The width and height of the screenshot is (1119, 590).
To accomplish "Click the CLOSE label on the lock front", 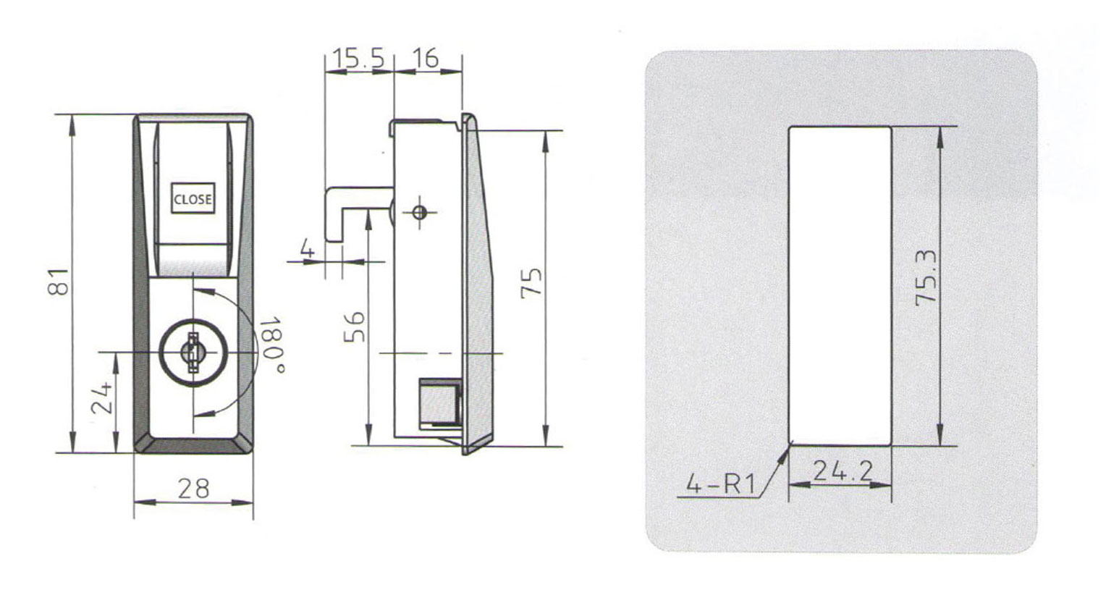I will point(193,199).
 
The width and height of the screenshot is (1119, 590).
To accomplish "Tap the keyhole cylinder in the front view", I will point(193,353).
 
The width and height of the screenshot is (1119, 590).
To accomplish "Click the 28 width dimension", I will point(193,489).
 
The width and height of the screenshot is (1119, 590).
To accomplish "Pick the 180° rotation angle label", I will point(271,345).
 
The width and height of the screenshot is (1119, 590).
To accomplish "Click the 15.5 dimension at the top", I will point(358,58).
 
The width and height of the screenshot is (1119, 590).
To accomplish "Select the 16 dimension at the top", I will point(427,58).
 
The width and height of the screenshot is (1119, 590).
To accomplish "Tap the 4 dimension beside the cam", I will point(308,250).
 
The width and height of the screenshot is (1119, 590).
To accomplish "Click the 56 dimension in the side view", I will point(355,328).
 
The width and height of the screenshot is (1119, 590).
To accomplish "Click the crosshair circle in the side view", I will point(420,213).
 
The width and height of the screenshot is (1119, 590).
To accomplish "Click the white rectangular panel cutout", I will point(840,286).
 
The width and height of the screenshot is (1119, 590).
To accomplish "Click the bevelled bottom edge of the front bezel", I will point(193,444).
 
